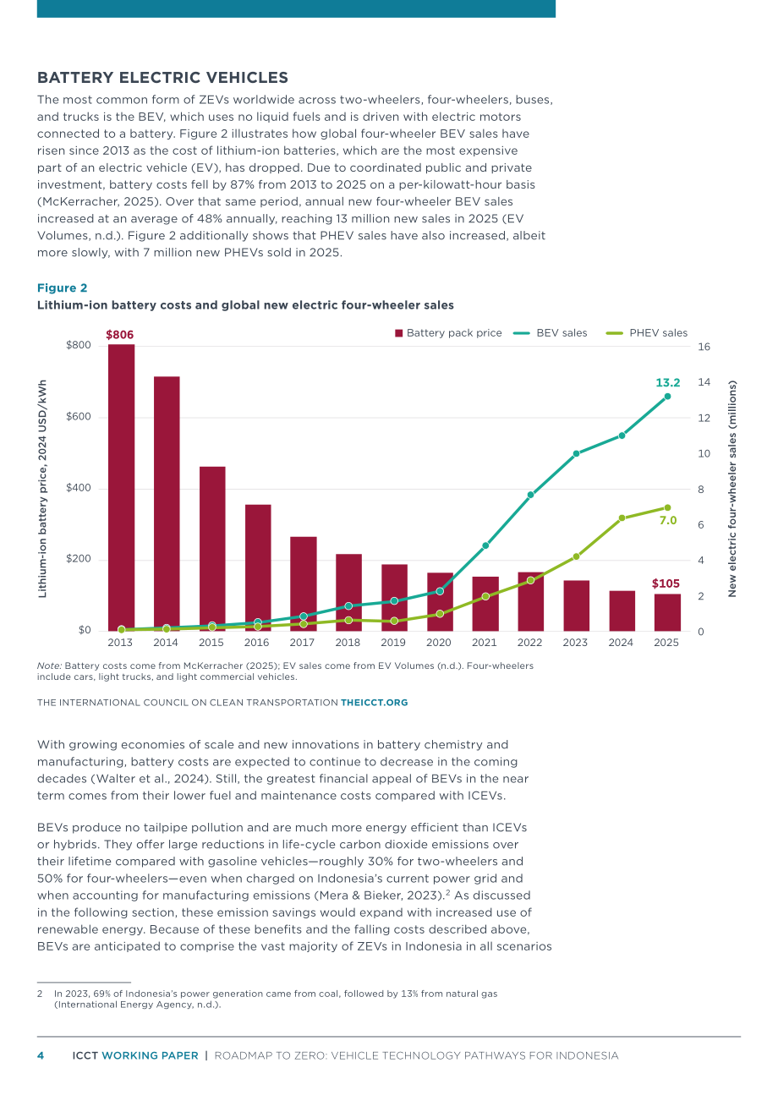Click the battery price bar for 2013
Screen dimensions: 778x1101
(121, 488)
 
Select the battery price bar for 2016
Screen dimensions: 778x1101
(258, 567)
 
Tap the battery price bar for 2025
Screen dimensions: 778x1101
(667, 612)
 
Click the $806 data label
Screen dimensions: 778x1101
(119, 335)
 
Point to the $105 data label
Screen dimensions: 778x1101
(666, 583)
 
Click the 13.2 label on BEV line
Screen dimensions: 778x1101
(667, 382)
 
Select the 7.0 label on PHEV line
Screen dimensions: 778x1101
(668, 520)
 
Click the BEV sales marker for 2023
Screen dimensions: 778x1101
(576, 453)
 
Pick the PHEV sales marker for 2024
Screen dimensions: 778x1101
(622, 518)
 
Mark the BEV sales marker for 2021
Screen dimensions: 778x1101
(485, 545)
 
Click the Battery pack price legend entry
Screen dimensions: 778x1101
(448, 333)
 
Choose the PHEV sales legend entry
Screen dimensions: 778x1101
(646, 333)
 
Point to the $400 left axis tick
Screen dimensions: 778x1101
(79, 488)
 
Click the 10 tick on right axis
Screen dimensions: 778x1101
(704, 453)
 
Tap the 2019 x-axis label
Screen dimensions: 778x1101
(393, 643)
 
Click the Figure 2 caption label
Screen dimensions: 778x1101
(62, 288)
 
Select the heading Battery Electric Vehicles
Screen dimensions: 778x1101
(162, 78)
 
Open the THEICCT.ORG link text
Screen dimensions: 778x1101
(375, 703)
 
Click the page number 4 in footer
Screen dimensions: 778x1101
(41, 1055)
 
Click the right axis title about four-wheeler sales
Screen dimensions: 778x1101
(732, 489)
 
